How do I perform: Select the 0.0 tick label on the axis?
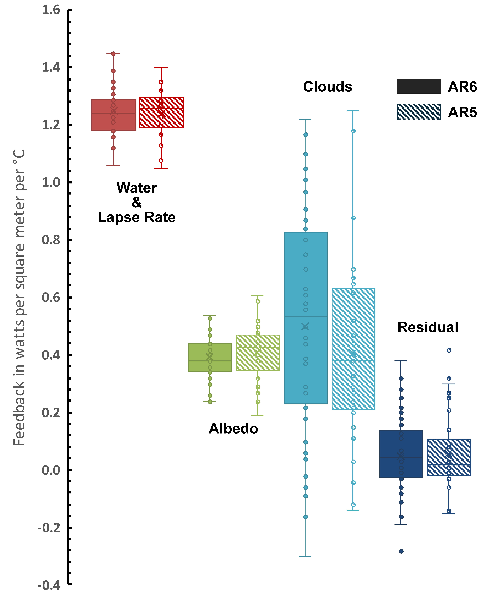pyautogui.click(x=51, y=470)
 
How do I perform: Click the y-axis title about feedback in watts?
pyautogui.click(x=19, y=297)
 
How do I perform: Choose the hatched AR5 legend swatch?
pyautogui.click(x=419, y=112)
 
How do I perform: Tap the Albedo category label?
pyautogui.click(x=233, y=429)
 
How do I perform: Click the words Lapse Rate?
pyautogui.click(x=137, y=217)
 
